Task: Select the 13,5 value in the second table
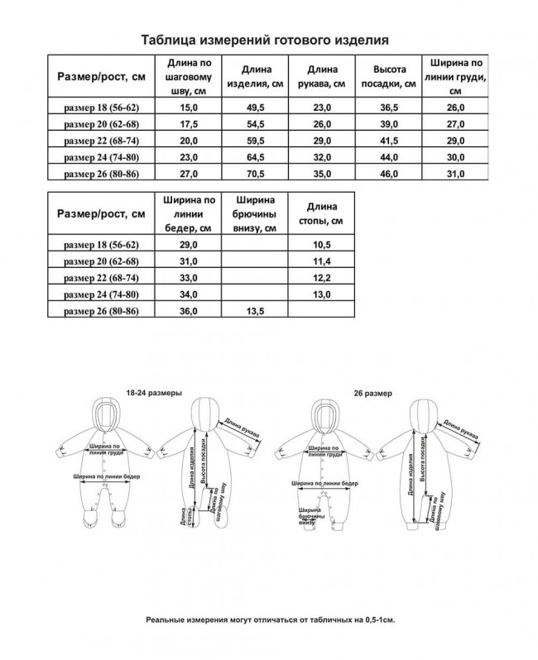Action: pos(254,311)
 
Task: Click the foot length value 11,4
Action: pos(320,261)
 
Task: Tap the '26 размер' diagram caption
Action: pos(372,394)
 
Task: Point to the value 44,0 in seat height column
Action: pos(387,156)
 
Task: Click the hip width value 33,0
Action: pos(189,277)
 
